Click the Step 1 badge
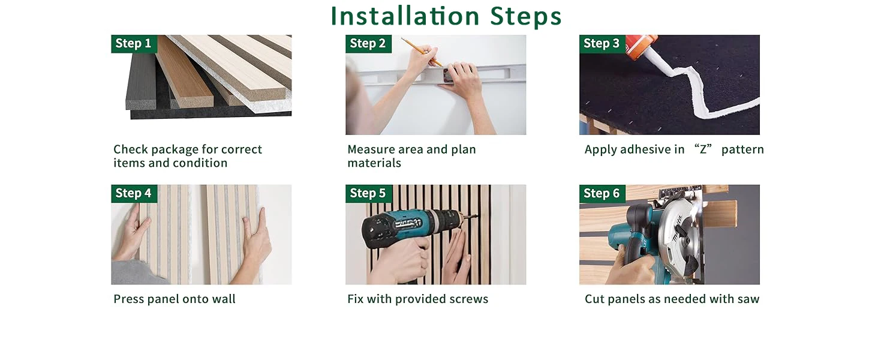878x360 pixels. (x=134, y=44)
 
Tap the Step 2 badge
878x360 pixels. (x=368, y=44)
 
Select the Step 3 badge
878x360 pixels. (x=602, y=44)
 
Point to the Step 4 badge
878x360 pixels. (x=134, y=193)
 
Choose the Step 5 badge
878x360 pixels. (x=368, y=193)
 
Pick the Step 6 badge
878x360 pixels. (x=602, y=193)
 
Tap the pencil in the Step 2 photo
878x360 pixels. (x=422, y=52)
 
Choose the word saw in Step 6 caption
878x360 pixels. (x=748, y=299)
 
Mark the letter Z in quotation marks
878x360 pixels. (x=703, y=149)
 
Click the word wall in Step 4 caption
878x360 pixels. (x=224, y=299)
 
